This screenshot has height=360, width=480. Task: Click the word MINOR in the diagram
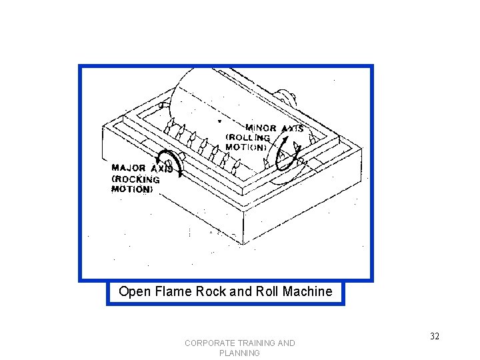pos(261,127)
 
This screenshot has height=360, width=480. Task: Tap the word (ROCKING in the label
pos(136,179)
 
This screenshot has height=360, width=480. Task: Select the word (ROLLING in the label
pos(247,137)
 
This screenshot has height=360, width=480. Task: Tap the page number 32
pos(435,336)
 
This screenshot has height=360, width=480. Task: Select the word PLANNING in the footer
pos(239,353)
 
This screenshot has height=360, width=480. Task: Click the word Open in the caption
pos(132,291)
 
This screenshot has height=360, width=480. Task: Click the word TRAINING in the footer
pos(255,343)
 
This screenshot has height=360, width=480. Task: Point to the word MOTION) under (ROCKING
pos(132,189)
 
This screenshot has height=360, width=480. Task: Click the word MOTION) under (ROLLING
pos(247,147)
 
